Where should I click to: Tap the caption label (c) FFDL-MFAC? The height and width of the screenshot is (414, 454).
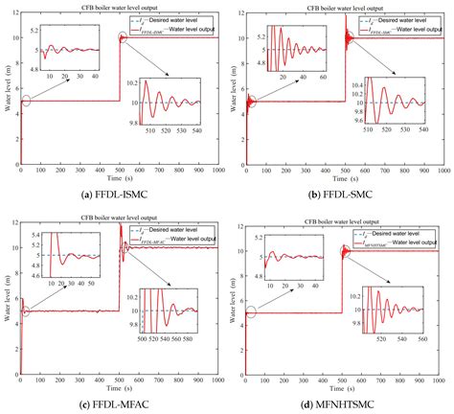pyautogui.click(x=113, y=404)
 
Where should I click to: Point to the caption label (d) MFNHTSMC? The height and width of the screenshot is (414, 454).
pyautogui.click(x=341, y=404)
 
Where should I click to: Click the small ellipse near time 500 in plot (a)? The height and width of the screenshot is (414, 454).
pyautogui.click(x=122, y=38)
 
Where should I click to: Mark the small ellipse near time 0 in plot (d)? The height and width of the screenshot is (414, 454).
pyautogui.click(x=251, y=312)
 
